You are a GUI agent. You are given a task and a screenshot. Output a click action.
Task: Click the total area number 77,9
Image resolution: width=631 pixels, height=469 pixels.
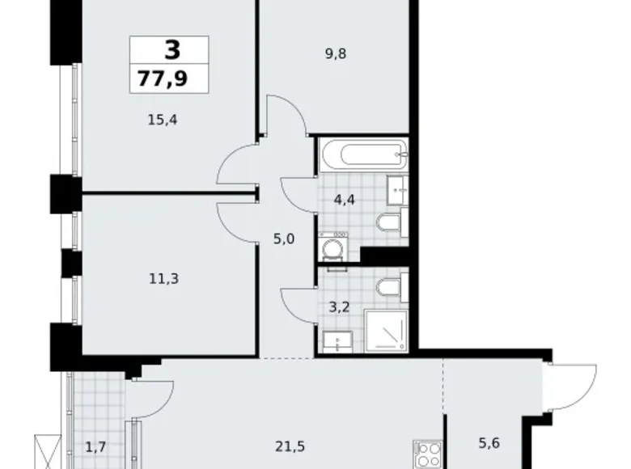tap(169, 80)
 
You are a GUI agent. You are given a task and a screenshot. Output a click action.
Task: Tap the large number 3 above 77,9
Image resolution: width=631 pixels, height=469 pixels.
tap(172, 51)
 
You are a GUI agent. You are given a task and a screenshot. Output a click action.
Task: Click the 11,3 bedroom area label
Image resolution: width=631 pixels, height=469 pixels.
tap(142, 279)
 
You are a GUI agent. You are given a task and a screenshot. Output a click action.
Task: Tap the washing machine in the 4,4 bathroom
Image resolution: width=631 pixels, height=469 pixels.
tap(332, 247)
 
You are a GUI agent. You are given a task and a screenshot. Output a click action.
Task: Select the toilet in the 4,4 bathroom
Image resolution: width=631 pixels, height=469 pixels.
tap(392, 222)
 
